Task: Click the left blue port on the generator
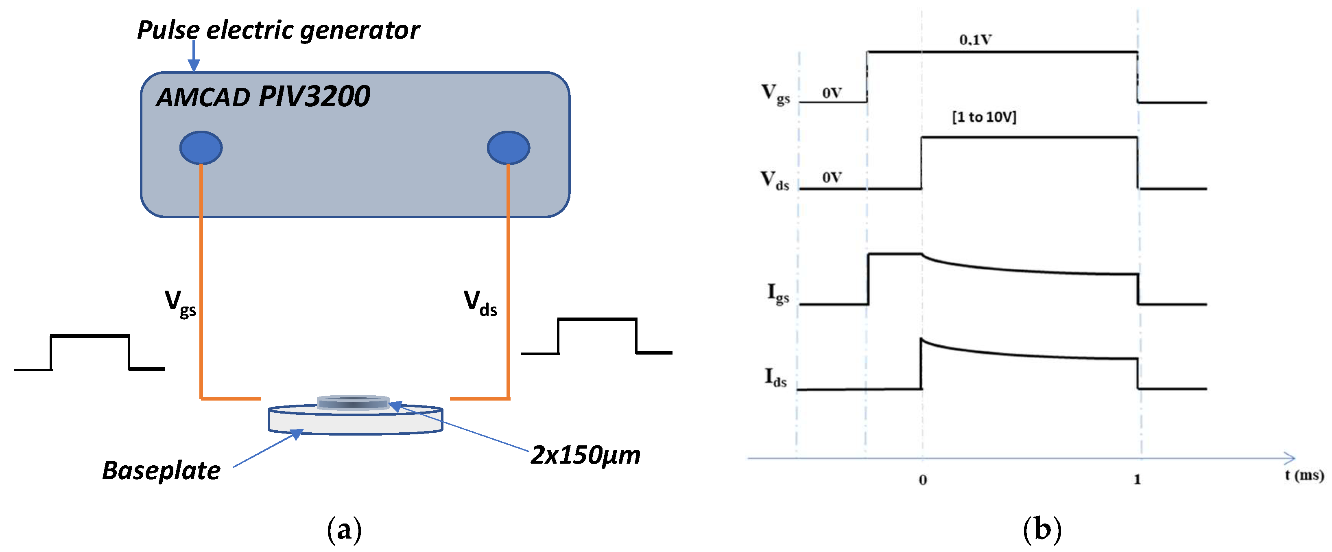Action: pos(201,148)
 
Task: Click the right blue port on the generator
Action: pos(508,148)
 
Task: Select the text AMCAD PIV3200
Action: pos(263,97)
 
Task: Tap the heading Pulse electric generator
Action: pos(278,30)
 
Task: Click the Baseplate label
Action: pos(161,471)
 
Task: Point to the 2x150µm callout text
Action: pos(585,455)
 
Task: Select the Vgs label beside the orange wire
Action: pos(180,302)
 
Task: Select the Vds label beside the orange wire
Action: pos(480,302)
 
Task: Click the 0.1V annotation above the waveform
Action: pos(975,40)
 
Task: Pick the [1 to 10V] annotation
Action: pos(984,117)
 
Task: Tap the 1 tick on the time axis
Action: pos(1137,480)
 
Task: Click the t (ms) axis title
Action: pos(1304,475)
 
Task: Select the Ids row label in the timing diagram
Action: pos(775,378)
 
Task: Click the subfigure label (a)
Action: pos(344,530)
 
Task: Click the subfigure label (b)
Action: pos(1042,530)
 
